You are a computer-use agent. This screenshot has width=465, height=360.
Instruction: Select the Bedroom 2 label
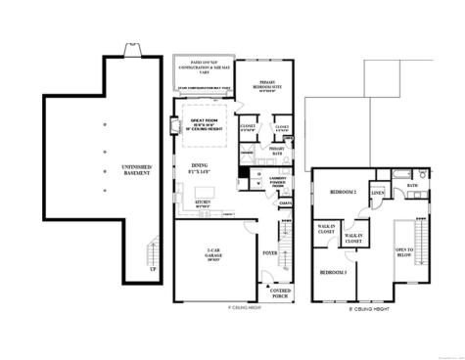341,192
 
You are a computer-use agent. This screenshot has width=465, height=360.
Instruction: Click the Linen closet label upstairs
378,193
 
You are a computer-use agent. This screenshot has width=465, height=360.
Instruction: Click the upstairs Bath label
413,186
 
